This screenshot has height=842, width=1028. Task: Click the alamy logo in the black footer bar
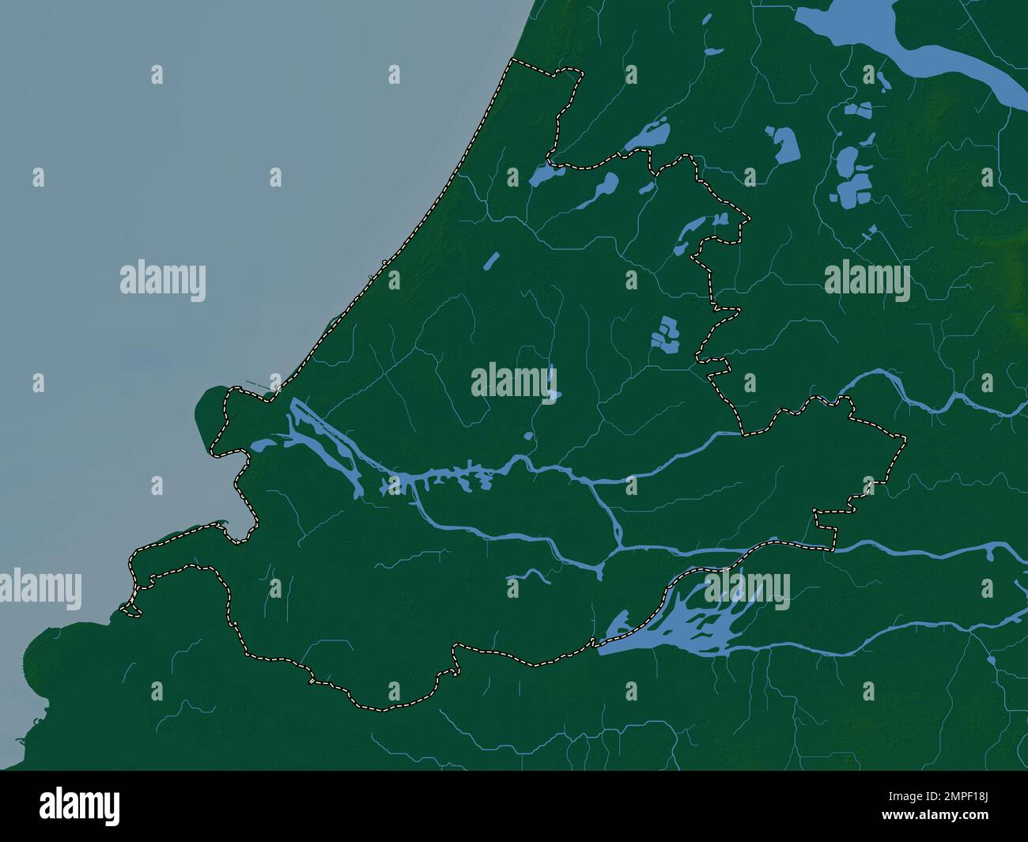click(x=80, y=806)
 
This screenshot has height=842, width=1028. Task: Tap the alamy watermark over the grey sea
click(x=162, y=282)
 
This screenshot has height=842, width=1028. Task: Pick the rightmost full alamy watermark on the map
click(x=867, y=282)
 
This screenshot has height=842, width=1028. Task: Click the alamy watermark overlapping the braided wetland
click(x=746, y=587)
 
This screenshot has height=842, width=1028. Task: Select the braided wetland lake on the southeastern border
click(x=680, y=625)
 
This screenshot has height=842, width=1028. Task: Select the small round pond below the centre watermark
click(x=527, y=436)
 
